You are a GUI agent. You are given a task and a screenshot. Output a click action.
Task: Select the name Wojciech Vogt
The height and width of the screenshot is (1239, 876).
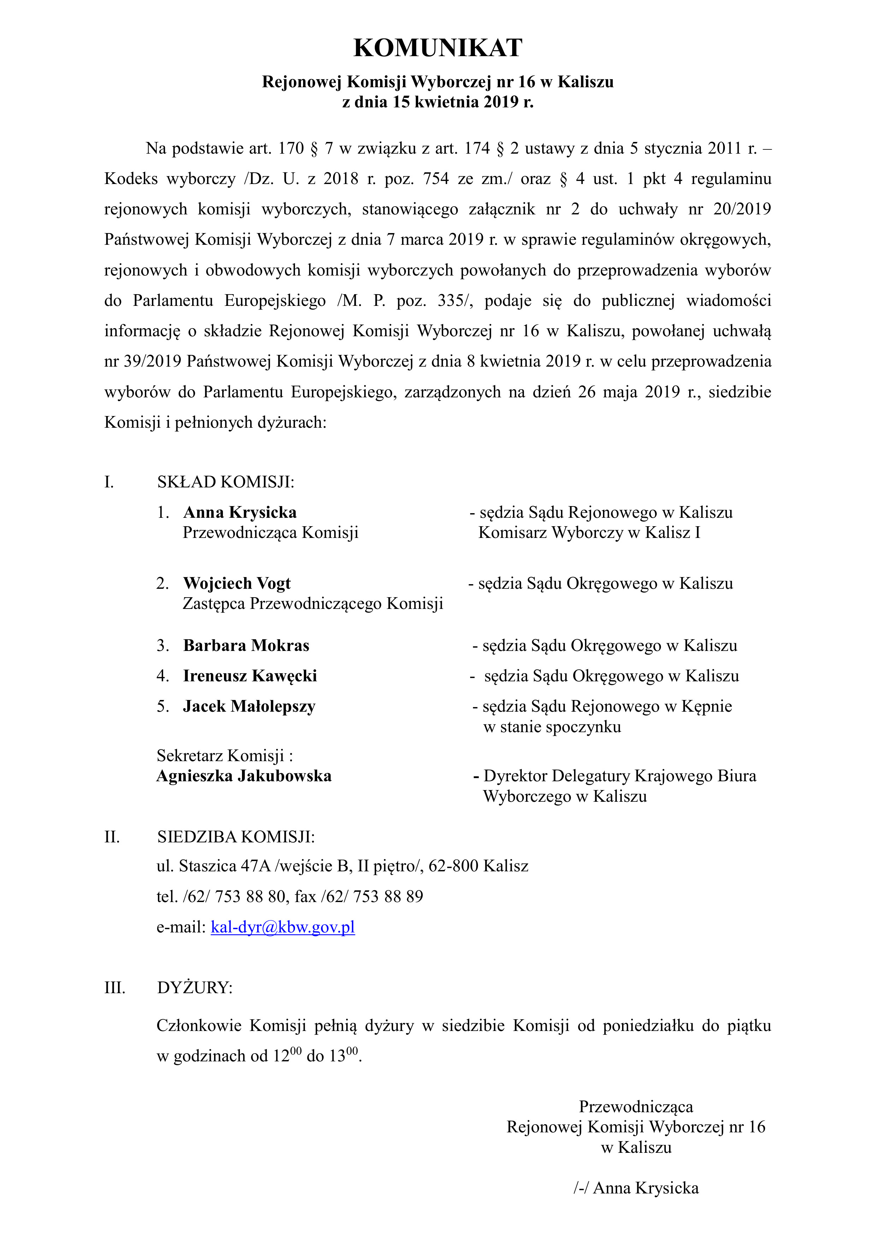click(237, 583)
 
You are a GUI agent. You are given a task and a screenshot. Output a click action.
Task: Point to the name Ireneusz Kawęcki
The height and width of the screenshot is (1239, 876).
click(250, 676)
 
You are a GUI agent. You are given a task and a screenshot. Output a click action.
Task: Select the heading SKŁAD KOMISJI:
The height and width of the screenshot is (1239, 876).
click(226, 482)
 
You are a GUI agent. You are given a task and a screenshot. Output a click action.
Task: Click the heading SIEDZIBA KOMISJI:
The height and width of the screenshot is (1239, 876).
click(236, 837)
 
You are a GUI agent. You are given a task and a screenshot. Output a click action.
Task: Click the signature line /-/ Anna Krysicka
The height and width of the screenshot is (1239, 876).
click(636, 1188)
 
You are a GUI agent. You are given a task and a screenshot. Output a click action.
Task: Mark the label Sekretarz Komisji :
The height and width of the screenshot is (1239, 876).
click(225, 755)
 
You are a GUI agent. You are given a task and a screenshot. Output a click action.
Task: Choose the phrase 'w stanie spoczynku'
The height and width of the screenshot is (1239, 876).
click(552, 727)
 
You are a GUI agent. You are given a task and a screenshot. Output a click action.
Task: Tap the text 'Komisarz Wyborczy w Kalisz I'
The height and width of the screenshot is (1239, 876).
click(590, 533)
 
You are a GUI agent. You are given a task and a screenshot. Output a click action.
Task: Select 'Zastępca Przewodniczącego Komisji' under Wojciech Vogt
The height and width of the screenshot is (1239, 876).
click(313, 603)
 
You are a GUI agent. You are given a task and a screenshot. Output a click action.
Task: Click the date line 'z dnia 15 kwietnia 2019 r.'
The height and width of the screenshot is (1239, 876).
click(438, 102)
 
